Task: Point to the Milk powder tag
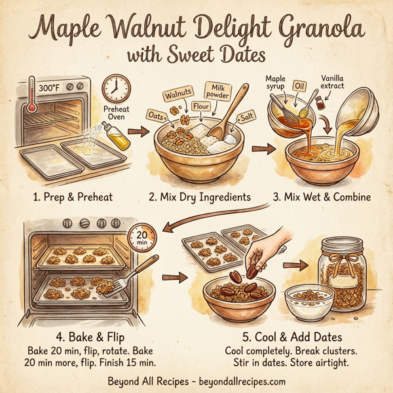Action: [217, 91]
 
